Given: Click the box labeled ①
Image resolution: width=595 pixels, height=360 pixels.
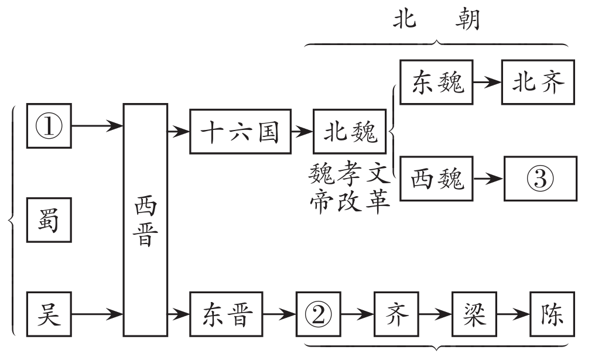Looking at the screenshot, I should [x=49, y=126].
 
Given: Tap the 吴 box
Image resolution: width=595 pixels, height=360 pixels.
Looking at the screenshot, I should [x=49, y=316].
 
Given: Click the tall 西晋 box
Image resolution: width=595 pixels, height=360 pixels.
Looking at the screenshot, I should [x=145, y=220].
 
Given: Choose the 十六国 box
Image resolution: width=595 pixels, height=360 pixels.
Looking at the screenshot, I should [x=240, y=133].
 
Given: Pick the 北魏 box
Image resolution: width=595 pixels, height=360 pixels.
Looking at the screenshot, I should [x=350, y=133].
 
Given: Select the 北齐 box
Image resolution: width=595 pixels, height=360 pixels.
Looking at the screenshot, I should [x=538, y=83].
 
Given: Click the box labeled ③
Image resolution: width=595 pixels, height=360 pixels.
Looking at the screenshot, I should [x=539, y=178].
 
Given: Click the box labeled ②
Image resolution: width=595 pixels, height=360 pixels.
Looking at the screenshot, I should [x=318, y=316].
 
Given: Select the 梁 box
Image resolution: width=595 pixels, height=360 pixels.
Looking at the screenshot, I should [x=473, y=316].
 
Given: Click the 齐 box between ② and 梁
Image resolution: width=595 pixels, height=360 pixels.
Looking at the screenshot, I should [x=395, y=316].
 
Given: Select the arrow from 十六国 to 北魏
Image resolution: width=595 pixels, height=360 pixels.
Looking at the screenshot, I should [x=302, y=133].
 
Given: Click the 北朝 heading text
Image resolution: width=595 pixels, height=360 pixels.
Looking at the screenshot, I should [x=436, y=20].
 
